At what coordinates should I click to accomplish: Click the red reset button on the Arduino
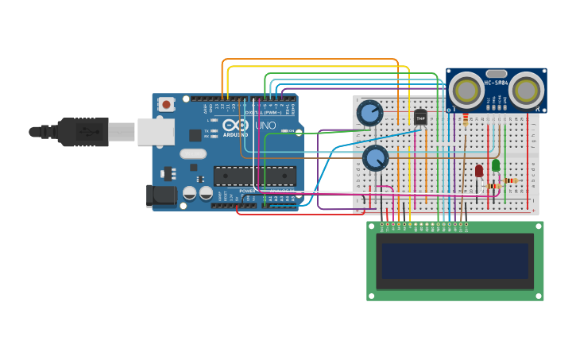click(166, 104)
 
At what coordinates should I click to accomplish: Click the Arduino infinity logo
click(236, 125)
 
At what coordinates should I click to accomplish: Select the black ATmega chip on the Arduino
click(254, 176)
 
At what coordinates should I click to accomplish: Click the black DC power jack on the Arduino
click(161, 195)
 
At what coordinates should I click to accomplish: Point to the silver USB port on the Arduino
click(156, 132)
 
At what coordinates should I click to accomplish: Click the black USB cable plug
click(83, 132)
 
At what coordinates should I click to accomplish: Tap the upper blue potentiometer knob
click(369, 113)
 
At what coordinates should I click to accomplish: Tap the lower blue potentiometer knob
click(375, 158)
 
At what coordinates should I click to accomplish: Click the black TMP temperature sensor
click(420, 118)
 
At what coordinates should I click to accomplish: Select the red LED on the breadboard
click(479, 170)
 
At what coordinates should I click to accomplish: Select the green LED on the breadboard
click(496, 165)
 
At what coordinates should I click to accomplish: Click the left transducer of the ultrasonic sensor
click(466, 90)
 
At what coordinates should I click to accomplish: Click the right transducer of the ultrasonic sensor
click(526, 90)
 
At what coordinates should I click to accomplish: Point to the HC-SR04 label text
click(497, 83)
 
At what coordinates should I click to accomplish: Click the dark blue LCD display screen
click(454, 261)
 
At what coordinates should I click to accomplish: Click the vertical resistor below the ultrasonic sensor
click(465, 119)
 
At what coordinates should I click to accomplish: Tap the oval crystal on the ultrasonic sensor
click(497, 73)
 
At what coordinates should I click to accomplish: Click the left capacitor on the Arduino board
click(190, 192)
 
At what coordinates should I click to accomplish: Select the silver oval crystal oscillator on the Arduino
click(192, 154)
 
